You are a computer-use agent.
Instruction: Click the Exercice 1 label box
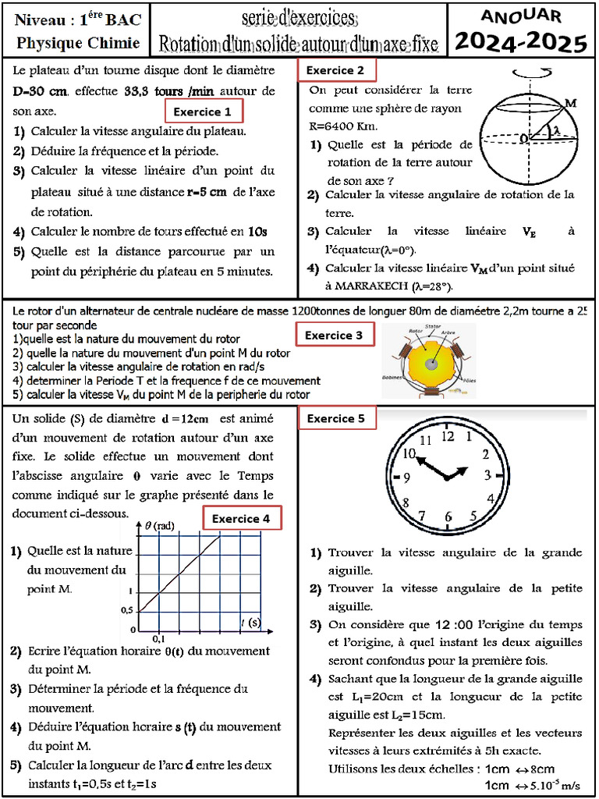coord(203,111)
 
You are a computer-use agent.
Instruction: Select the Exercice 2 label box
coord(336,70)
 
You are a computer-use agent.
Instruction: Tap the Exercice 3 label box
coord(334,336)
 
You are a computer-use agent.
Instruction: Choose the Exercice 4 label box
coord(242,519)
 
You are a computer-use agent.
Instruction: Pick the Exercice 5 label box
coord(336,418)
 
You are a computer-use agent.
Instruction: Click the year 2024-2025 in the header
coord(520,41)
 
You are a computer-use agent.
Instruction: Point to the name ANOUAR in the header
coord(520,16)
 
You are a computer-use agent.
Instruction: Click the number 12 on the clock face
coord(447,436)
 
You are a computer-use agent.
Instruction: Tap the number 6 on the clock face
coord(448,517)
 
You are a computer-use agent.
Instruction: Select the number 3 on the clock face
coord(487,475)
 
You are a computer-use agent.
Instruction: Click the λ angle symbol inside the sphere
coord(555,132)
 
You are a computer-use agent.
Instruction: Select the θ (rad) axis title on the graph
coord(159,526)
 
